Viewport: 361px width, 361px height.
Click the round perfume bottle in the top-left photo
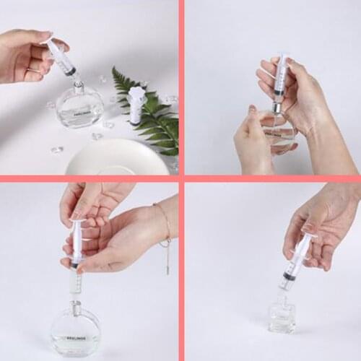pos(79,106)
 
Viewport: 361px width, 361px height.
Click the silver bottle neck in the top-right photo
pos(276,109)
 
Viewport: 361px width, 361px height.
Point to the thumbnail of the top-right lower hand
pos(253,113)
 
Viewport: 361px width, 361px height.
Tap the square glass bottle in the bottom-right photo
pos(282,316)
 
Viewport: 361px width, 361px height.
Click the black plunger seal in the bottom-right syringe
pos(289,275)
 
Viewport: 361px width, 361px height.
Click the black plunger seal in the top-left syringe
pos(69,71)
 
